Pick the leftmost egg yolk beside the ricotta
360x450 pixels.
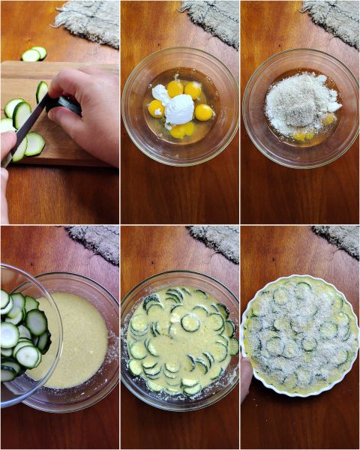point(156,108)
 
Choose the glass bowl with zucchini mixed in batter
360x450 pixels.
point(180,341)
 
